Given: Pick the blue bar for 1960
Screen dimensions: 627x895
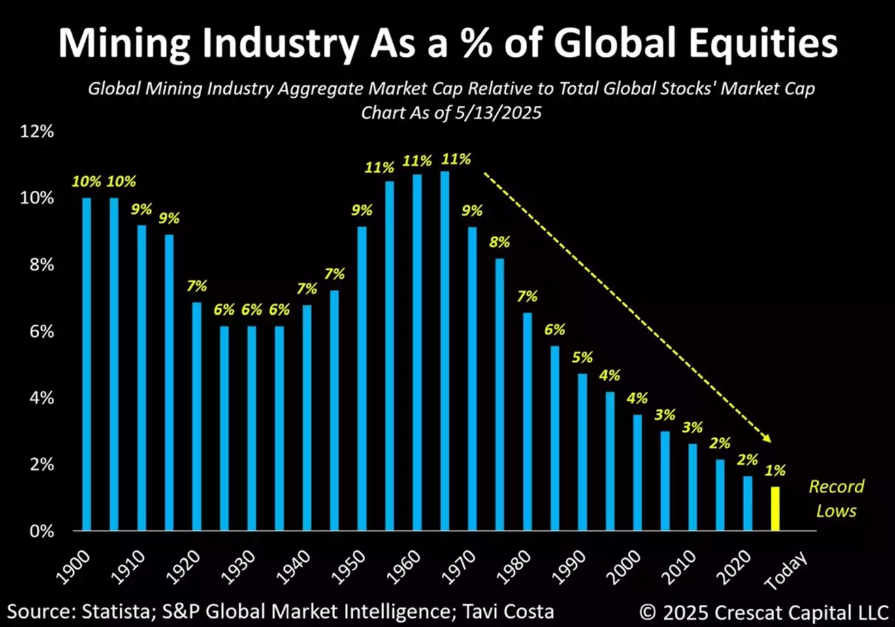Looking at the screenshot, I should (x=417, y=353).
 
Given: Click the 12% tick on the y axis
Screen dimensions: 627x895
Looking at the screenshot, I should (x=37, y=131).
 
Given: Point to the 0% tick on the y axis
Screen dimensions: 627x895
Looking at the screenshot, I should (x=41, y=531).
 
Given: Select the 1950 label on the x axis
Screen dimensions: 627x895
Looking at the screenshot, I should (x=348, y=566).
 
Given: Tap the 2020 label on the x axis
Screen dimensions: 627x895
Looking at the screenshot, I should (x=734, y=566).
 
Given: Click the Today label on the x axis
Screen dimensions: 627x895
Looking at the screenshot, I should (x=786, y=570).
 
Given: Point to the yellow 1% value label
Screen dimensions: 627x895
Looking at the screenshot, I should (x=775, y=470).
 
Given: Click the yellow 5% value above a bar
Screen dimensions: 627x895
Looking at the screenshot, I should (x=582, y=357).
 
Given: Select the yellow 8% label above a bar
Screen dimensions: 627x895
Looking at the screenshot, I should (x=499, y=242).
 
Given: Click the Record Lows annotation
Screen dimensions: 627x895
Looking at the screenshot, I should (x=836, y=498).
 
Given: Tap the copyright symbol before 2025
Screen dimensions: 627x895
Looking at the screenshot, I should (x=647, y=613).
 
